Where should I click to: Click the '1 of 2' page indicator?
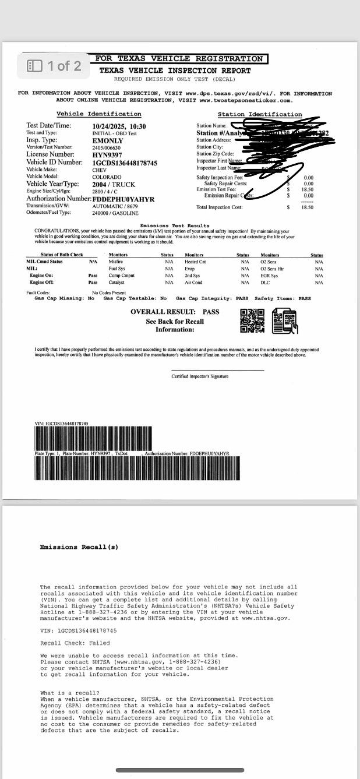(x=55, y=66)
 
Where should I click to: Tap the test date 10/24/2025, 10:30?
(x=119, y=126)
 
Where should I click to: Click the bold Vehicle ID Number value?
(x=125, y=163)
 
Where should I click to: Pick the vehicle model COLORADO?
(x=107, y=177)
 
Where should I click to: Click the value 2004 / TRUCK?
(x=114, y=184)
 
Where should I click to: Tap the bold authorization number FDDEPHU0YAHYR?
(x=123, y=199)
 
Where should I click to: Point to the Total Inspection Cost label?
(x=220, y=207)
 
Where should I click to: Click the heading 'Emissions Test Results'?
(x=175, y=225)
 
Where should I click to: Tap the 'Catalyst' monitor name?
(x=117, y=282)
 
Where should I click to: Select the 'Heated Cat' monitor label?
(x=195, y=262)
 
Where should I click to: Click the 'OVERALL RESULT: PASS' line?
(x=175, y=312)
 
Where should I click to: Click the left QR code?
(x=252, y=320)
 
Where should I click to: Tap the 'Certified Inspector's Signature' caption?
(x=200, y=376)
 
